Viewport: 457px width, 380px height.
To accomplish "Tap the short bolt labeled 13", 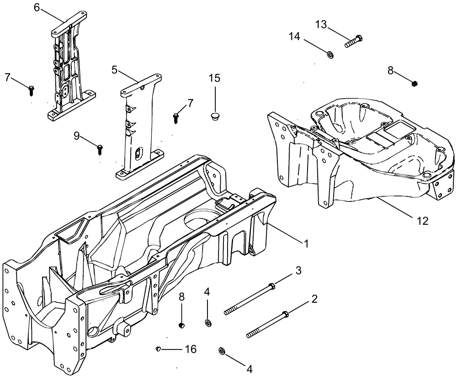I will pos(353,41).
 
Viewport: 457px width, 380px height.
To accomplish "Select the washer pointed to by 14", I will pos(329,55).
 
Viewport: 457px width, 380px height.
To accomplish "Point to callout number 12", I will pos(422,221).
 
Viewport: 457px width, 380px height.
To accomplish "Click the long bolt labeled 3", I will pos(249,299).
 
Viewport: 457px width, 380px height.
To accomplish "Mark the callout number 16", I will pos(191,349).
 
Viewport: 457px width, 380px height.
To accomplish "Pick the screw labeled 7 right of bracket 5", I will pos(177,117).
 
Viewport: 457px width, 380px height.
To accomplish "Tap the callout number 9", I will pos(76,135).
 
